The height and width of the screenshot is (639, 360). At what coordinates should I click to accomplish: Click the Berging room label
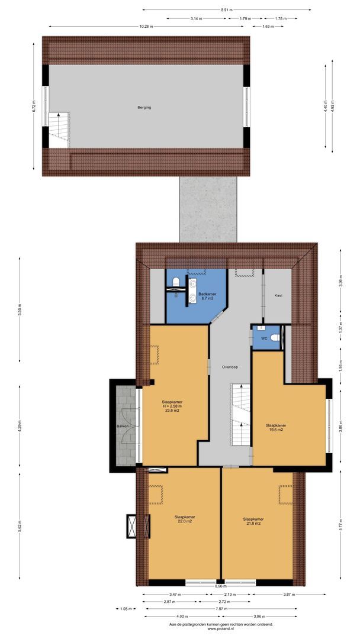pyautogui.click(x=144, y=108)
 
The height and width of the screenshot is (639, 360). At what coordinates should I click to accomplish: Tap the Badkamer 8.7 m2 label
pyautogui.click(x=207, y=296)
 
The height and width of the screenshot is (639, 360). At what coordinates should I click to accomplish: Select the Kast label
pyautogui.click(x=278, y=295)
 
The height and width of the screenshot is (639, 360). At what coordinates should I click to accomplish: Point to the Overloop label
pyautogui.click(x=230, y=367)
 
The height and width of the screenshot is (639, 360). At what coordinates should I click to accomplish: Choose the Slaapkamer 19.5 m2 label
pyautogui.click(x=277, y=428)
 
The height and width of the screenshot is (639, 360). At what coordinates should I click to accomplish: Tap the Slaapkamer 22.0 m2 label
pyautogui.click(x=185, y=518)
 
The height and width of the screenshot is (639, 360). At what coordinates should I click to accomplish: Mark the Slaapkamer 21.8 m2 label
pyautogui.click(x=254, y=518)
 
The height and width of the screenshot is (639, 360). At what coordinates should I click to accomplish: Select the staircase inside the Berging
pyautogui.click(x=59, y=130)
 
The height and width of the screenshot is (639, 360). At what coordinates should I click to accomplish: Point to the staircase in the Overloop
pyautogui.click(x=240, y=414)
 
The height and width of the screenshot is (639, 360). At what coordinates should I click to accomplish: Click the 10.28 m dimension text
pyautogui.click(x=145, y=26)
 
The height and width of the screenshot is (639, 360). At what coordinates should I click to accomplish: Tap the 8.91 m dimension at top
pyautogui.click(x=226, y=10)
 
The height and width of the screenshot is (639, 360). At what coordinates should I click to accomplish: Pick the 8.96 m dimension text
pyautogui.click(x=220, y=586)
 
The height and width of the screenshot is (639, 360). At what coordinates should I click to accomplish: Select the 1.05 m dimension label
pyautogui.click(x=124, y=608)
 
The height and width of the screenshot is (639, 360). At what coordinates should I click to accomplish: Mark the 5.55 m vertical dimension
pyautogui.click(x=20, y=311)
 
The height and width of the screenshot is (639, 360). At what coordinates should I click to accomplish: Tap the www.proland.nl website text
pyautogui.click(x=221, y=629)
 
